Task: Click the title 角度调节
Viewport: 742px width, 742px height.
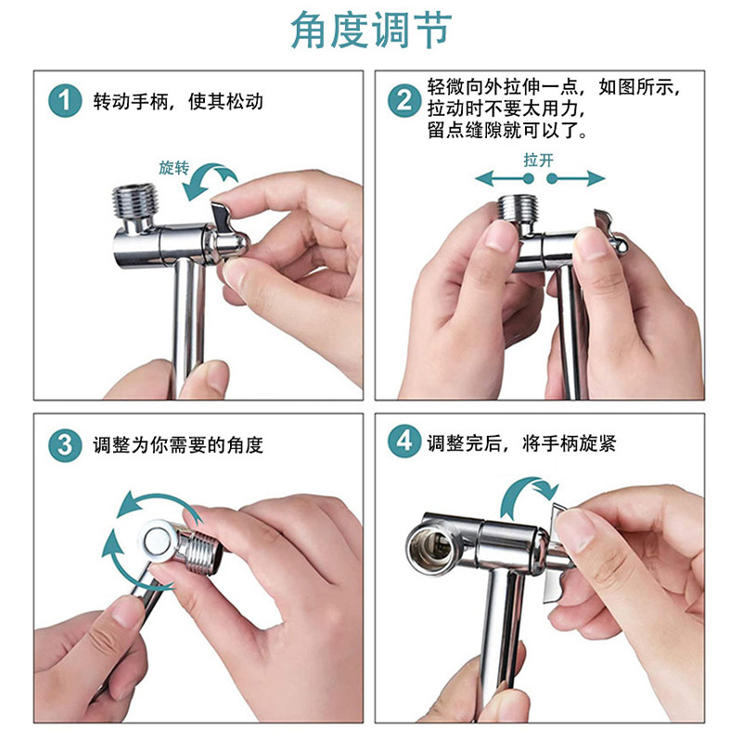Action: pos(372,30)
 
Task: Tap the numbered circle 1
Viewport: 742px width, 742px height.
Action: pos(65,101)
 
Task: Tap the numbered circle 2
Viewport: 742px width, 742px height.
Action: pos(404,101)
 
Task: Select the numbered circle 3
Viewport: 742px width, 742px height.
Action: pos(65,445)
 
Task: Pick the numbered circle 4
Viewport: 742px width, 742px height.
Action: pos(404,441)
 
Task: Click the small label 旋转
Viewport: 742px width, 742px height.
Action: pos(173,168)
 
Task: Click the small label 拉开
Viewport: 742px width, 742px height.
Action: pos(539,160)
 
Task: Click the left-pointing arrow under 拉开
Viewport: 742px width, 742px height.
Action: pos(505,178)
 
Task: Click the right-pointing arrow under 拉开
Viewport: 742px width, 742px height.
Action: pos(575,178)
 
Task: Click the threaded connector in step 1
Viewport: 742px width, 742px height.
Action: pos(134,201)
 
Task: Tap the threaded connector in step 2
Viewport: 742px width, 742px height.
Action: pos(519,209)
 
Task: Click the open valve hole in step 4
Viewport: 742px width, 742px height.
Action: pos(428,547)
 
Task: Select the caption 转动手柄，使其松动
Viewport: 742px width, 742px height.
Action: pos(178,101)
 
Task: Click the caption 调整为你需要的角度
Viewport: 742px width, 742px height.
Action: pos(178,445)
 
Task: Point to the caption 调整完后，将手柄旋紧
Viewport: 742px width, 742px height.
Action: pos(521,443)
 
